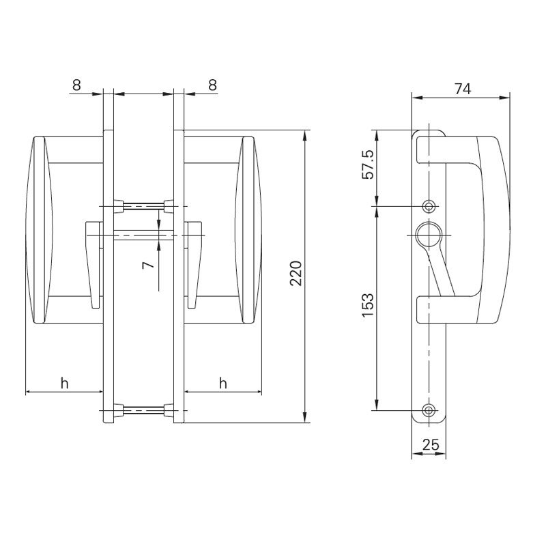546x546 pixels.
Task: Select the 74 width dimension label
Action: pos(462,88)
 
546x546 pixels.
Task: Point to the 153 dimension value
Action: pos(368,305)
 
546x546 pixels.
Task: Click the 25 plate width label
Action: pos(430,445)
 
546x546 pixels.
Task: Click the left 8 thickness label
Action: pos(76,85)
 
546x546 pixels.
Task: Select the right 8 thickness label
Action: pos(212,85)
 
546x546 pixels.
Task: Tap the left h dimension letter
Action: pos(65,384)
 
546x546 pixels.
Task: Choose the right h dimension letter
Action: pos(223,384)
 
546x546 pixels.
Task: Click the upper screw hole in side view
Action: pos(429,205)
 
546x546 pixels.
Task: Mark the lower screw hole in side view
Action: pos(429,410)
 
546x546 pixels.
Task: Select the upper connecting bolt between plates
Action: pos(143,205)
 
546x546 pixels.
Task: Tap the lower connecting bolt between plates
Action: pos(143,410)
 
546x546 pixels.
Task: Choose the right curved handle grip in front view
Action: pos(248,230)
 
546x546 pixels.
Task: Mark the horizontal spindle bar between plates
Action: pos(143,235)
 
